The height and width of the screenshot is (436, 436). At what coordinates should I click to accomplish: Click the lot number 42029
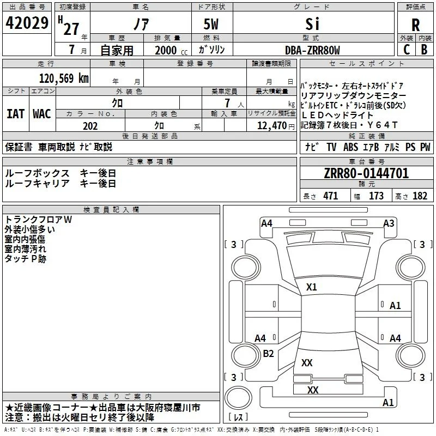coord(27,23)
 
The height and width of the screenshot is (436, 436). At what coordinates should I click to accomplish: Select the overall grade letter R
coord(415,25)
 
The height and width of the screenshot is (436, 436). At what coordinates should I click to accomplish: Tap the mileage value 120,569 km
coord(64,78)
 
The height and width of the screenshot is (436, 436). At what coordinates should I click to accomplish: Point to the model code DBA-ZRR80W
coord(312,50)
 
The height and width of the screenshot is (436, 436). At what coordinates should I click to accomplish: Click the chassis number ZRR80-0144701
coord(366,173)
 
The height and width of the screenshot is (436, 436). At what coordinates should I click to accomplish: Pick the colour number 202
coord(90,126)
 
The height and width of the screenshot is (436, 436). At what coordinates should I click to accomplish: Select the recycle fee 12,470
coord(271,126)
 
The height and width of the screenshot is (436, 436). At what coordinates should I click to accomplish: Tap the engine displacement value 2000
coord(166,50)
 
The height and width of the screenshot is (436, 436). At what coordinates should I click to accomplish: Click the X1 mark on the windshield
coord(311,287)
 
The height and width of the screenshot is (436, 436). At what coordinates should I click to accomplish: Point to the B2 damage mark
coord(268,353)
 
